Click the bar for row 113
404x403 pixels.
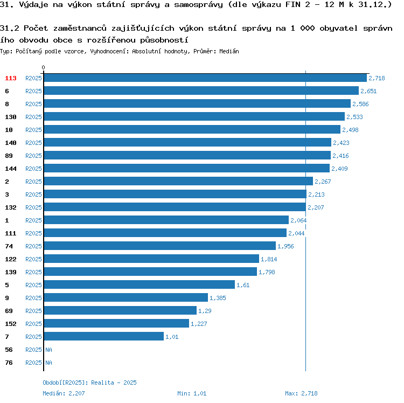tap(205, 78)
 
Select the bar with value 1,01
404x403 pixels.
tap(103, 337)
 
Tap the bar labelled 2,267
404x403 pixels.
tap(178, 182)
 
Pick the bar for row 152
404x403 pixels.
tap(116, 324)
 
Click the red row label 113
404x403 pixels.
tap(11, 78)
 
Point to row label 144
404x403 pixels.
tap(11, 169)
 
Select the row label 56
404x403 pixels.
tap(9, 350)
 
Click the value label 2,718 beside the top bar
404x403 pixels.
tap(377, 78)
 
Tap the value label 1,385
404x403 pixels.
tap(218, 298)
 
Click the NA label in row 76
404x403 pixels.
tap(48, 363)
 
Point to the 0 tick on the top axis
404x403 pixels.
tap(44, 68)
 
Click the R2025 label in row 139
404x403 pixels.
tap(33, 272)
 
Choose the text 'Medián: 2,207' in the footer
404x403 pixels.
tap(64, 393)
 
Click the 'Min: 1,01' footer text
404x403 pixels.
tap(192, 393)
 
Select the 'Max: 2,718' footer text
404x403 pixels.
tap(301, 393)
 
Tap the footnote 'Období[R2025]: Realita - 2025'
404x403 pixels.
tap(89, 383)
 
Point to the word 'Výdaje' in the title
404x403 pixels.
tap(32, 5)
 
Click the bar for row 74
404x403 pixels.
tap(159, 246)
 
